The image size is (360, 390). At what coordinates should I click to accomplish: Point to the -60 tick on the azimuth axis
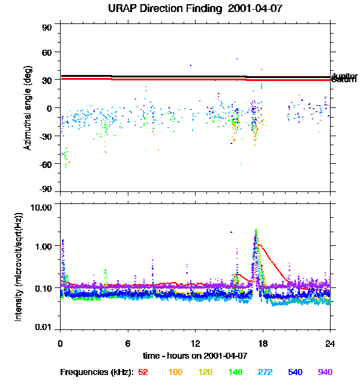tap(46, 163)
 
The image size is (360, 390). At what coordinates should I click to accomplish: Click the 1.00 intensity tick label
tap(45, 247)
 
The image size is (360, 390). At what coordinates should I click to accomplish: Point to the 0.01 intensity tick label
tap(45, 327)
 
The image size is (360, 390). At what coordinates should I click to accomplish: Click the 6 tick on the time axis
tap(128, 343)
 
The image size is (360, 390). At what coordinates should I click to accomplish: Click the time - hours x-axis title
tap(196, 355)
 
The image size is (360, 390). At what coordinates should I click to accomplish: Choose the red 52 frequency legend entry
tap(143, 373)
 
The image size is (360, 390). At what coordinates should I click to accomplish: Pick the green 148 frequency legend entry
tap(235, 373)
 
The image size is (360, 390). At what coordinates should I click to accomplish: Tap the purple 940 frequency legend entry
tap(325, 373)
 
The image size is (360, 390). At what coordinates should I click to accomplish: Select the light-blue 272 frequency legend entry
tap(265, 373)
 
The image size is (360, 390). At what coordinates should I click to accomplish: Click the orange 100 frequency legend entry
tap(175, 373)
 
